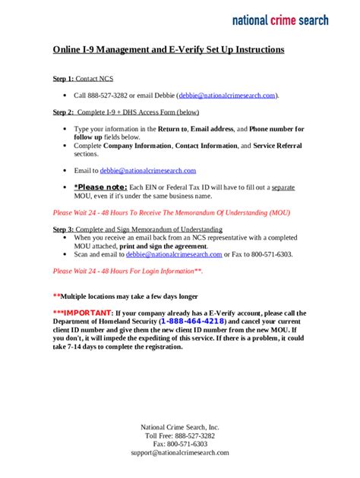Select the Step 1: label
coord(63,79)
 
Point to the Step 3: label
coord(63,229)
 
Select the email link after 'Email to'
coord(148,171)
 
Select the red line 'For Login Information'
coord(128,270)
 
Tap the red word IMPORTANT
coord(86,312)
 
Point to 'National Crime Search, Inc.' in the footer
coord(180,427)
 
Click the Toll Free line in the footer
coord(180,436)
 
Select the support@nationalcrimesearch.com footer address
coord(180,452)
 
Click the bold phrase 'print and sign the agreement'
coord(163,247)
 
